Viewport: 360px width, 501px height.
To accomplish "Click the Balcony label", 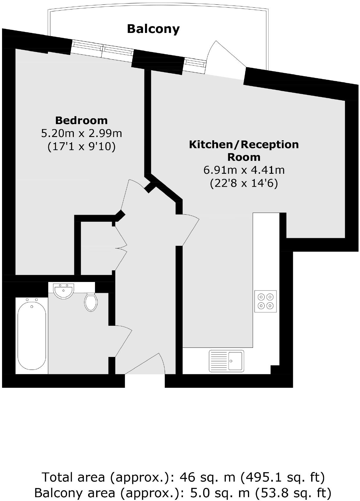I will [x=153, y=29].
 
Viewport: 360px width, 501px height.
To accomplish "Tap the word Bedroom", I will [x=81, y=120].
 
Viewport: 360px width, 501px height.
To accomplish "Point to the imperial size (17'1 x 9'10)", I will [x=81, y=146].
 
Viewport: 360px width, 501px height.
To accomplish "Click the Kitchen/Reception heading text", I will [x=244, y=144].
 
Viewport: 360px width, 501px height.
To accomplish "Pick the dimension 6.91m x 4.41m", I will [x=244, y=170].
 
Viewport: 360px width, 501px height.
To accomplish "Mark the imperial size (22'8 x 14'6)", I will [x=244, y=183].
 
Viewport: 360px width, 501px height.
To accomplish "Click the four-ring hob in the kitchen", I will [x=266, y=301].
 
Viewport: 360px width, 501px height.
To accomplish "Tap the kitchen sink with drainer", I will [x=226, y=361].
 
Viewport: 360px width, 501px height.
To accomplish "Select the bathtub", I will [x=32, y=335].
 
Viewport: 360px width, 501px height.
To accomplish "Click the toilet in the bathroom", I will [x=91, y=302].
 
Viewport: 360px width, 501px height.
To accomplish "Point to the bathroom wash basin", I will [x=64, y=290].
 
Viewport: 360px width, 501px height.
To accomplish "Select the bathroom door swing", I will [x=122, y=341].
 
